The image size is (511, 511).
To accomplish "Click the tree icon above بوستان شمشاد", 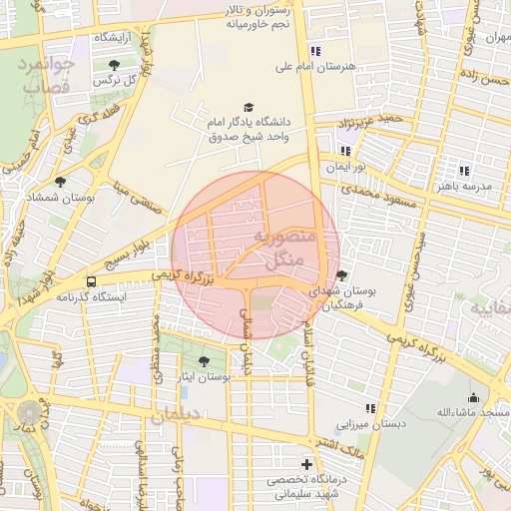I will click(x=61, y=182).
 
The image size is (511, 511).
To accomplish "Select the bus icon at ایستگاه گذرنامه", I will click(x=92, y=281).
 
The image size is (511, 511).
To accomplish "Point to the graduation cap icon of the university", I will click(x=249, y=107).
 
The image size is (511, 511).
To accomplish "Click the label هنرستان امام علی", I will click(x=315, y=67).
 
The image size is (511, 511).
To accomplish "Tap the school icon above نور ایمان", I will click(x=345, y=150).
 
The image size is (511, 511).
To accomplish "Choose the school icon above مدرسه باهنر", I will click(x=464, y=171).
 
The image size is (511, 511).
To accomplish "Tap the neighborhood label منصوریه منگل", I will click(x=282, y=250).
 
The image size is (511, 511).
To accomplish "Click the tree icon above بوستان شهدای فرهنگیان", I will click(x=342, y=275).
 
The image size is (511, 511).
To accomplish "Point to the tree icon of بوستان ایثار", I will click(x=205, y=361).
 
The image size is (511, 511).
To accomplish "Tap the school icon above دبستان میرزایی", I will click(x=370, y=408).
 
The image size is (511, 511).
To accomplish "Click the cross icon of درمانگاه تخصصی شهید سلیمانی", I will click(x=306, y=465).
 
